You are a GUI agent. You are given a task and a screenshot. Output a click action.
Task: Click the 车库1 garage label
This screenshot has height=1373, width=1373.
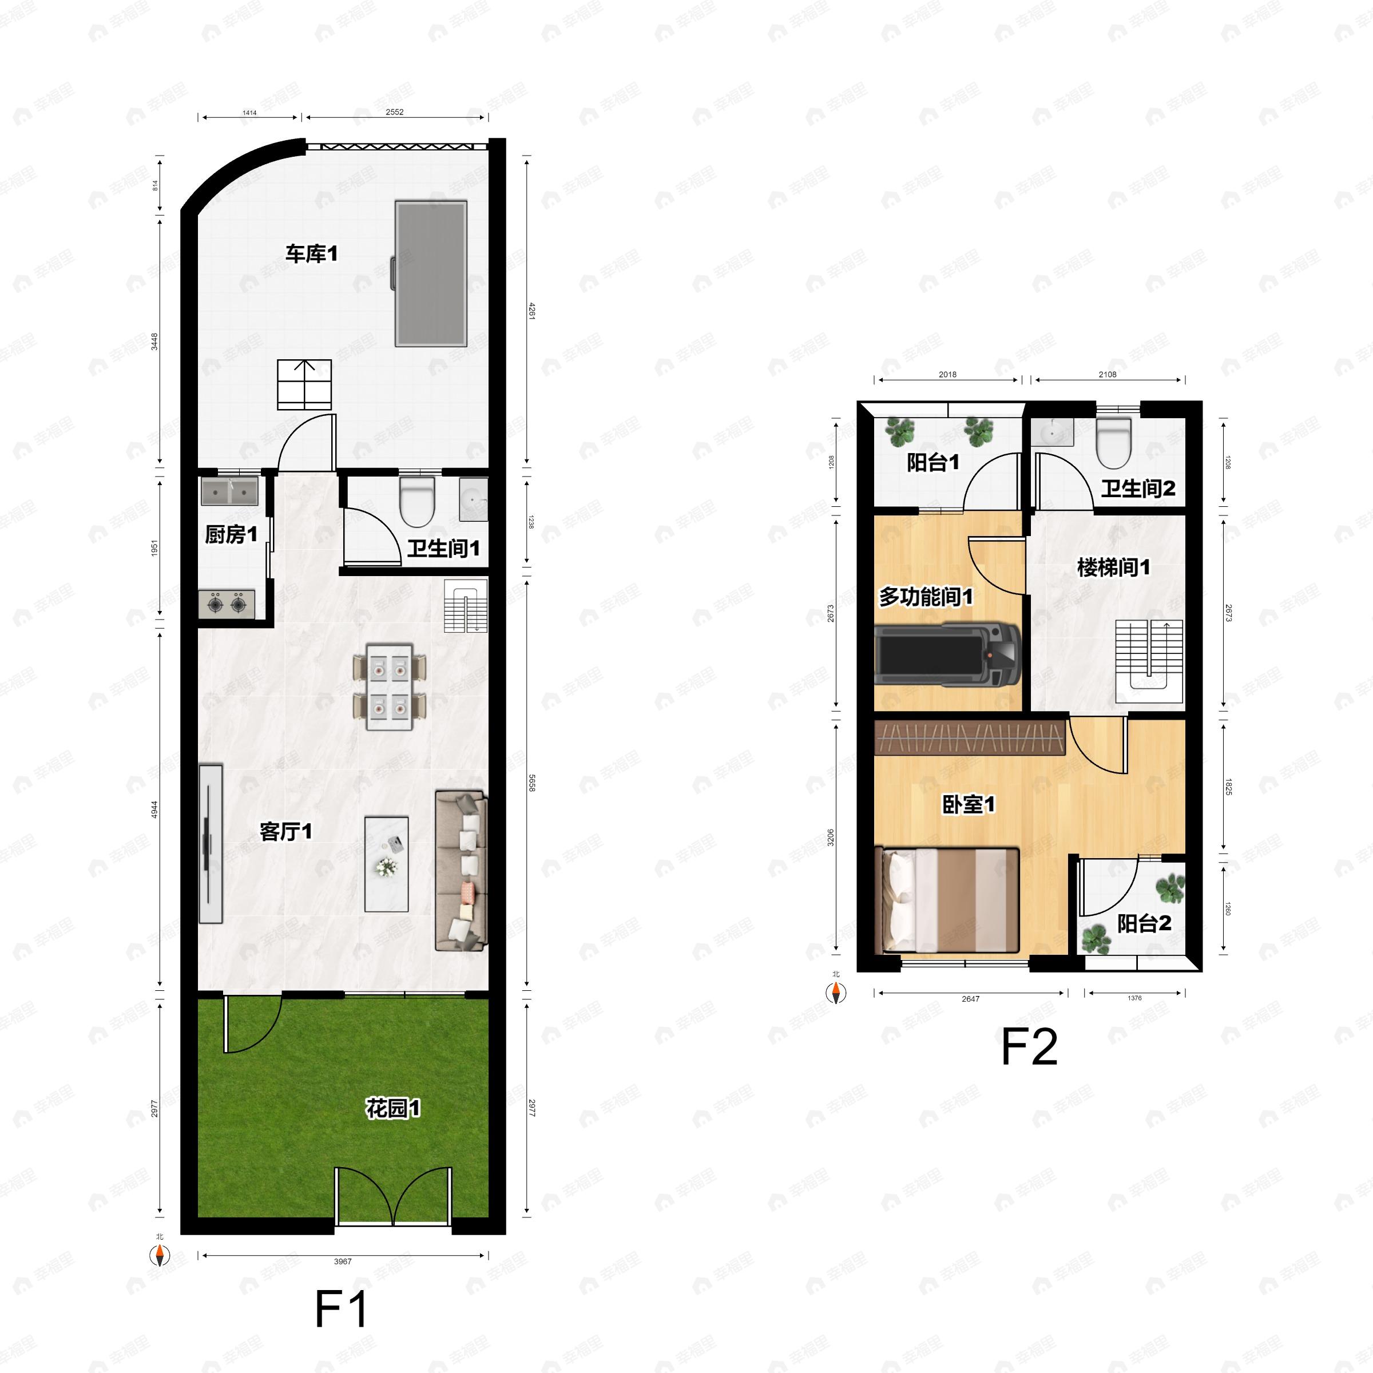click(x=311, y=253)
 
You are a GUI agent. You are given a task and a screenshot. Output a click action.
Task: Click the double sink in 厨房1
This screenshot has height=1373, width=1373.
click(x=229, y=491)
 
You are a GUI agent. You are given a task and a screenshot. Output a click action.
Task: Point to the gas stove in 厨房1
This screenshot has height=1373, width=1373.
click(x=227, y=604)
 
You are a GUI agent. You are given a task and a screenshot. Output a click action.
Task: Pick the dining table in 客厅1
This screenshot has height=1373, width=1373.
click(x=390, y=687)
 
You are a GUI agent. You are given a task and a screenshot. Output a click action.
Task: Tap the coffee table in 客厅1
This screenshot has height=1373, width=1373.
click(x=387, y=863)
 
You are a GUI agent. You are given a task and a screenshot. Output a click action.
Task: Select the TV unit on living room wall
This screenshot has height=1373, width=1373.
click(x=211, y=844)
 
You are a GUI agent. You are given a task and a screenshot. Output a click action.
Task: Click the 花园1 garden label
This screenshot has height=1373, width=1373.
click(x=393, y=1108)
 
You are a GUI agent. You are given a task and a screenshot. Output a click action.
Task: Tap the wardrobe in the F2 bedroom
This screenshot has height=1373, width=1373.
click(x=969, y=737)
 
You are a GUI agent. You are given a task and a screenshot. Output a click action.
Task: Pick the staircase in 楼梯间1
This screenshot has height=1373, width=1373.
click(x=1148, y=661)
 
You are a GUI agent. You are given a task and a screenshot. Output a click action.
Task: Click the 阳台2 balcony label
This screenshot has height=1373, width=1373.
click(x=1144, y=923)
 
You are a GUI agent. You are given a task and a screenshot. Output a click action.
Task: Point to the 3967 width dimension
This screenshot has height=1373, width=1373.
click(x=343, y=1261)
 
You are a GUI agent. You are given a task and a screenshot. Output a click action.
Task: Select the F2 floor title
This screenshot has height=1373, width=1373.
click(x=1029, y=1047)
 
